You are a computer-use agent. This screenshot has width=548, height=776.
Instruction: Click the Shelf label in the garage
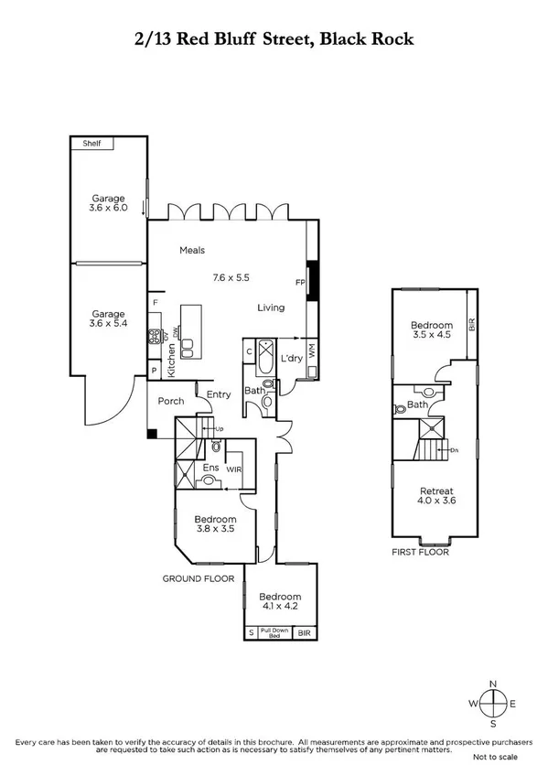pos(91,144)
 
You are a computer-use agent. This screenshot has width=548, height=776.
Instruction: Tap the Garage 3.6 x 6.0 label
pos(107,203)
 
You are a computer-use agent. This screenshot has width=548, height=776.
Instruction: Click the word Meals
pos(192,251)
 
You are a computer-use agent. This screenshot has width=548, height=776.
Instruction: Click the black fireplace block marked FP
pos(311,280)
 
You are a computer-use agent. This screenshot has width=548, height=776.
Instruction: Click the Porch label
pos(171,401)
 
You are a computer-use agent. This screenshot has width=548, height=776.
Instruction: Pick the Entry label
pos(219,394)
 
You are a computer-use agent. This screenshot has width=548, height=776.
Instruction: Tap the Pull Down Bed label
pos(274,632)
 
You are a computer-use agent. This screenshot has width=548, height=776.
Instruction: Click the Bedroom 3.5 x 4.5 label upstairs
pos(432,330)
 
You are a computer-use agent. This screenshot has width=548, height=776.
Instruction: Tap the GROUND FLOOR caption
pos(198,579)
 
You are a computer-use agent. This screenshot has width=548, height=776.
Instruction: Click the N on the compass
pos(493,684)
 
